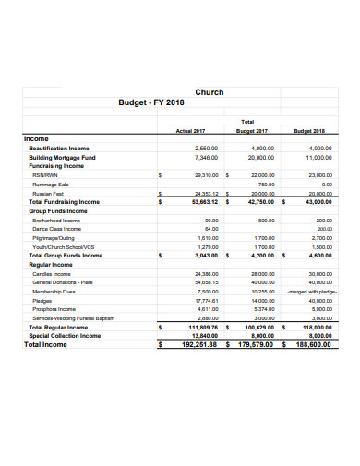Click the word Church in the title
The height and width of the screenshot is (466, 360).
pos(210,92)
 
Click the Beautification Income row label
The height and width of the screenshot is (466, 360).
pos(59,148)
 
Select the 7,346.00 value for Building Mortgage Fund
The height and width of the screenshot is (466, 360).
pos(207,157)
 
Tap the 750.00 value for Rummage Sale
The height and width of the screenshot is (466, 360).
pos(265,183)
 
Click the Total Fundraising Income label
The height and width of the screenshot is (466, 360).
pos(65,201)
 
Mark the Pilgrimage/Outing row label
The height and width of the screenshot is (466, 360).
pos(54,238)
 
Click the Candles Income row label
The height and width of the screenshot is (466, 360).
pos(51,274)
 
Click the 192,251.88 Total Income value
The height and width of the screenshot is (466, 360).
pos(198,344)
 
